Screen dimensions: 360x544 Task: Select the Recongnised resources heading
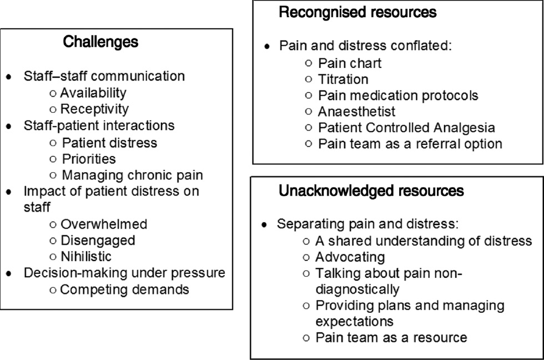pyautogui.click(x=357, y=12)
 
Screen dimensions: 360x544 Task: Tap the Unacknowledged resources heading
pyautogui.click(x=371, y=192)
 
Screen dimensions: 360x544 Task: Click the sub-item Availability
pyautogui.click(x=93, y=93)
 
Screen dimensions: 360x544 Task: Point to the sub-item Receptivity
pyautogui.click(x=94, y=109)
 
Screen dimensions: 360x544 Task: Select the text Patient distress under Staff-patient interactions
pyautogui.click(x=109, y=143)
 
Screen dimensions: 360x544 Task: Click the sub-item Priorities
pyautogui.click(x=89, y=159)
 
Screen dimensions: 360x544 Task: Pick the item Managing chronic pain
pyautogui.click(x=132, y=176)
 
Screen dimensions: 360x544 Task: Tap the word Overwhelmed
pyautogui.click(x=104, y=224)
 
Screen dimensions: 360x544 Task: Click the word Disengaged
pyautogui.click(x=98, y=241)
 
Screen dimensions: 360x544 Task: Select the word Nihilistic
pyautogui.click(x=86, y=257)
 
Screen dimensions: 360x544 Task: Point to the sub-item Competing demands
pyautogui.click(x=124, y=289)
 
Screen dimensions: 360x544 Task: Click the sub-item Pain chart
pyautogui.click(x=350, y=63)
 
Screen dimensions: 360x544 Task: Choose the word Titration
pyautogui.click(x=343, y=79)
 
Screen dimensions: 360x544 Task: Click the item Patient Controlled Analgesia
pyautogui.click(x=406, y=128)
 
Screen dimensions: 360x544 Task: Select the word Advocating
pyautogui.click(x=350, y=257)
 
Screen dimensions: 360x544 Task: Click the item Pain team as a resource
pyautogui.click(x=391, y=337)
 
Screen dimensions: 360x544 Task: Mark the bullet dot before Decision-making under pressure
pyautogui.click(x=8, y=274)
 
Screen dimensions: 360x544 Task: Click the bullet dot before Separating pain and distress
pyautogui.click(x=265, y=225)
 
